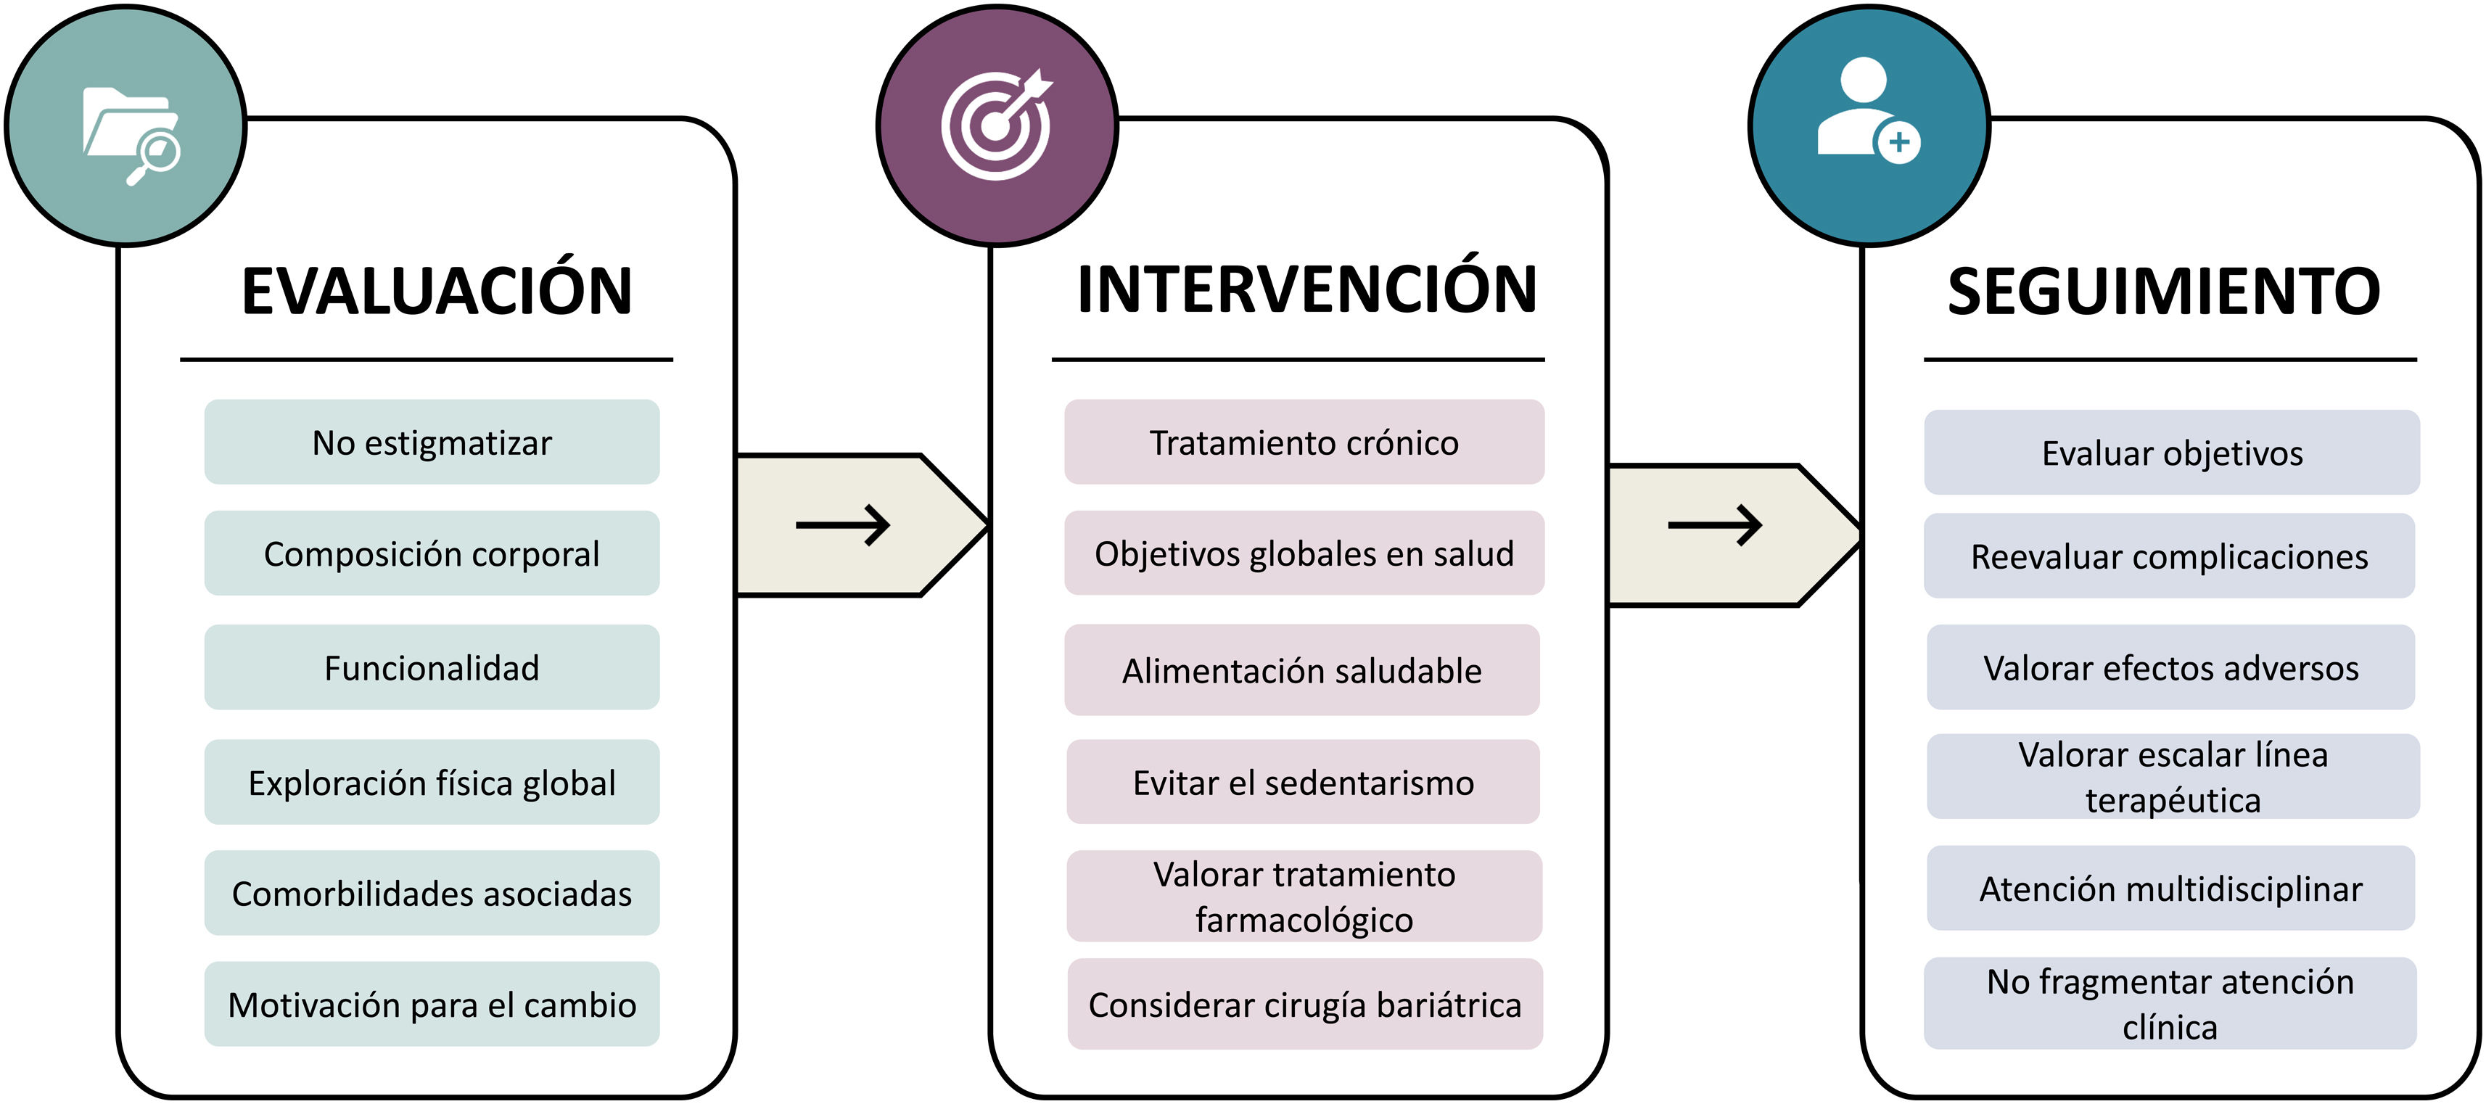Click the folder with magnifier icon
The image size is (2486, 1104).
131,135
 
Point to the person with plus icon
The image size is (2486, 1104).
1869,110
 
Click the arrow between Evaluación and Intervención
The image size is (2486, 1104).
842,525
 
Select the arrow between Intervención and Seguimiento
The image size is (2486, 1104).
1715,525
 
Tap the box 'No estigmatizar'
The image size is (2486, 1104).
432,442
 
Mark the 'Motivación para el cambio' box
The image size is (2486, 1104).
432,1004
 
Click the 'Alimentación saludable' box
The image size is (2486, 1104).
1302,670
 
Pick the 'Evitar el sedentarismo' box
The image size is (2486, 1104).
1303,782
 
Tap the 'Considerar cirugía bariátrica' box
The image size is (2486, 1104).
1305,1004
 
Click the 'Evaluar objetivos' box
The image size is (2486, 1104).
2171,453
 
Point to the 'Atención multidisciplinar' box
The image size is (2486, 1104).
2171,888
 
